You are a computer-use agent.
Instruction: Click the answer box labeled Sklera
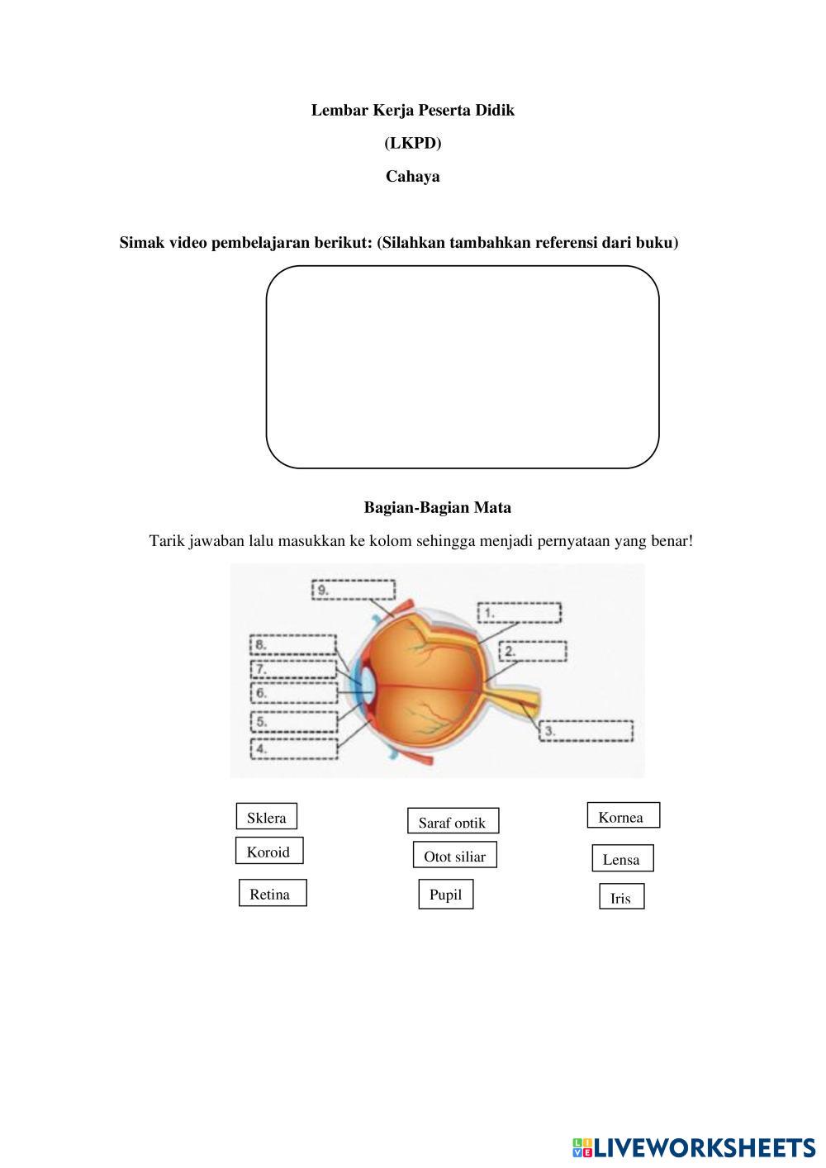click(266, 817)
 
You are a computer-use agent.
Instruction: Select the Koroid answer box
click(268, 851)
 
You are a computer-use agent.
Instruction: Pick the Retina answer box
click(273, 893)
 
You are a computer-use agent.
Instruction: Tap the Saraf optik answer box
click(453, 821)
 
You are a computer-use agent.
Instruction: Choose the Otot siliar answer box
click(454, 856)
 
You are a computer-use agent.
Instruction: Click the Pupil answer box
click(445, 895)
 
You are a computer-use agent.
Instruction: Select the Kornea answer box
click(623, 816)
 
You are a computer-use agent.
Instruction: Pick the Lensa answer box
click(622, 858)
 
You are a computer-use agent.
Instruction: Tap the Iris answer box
click(621, 897)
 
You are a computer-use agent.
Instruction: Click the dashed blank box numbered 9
click(354, 590)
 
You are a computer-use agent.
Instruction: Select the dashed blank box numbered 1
click(519, 613)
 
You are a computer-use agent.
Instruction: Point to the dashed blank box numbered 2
click(533, 651)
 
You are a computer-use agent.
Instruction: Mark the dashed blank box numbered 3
click(586, 731)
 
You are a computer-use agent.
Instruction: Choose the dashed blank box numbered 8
click(292, 644)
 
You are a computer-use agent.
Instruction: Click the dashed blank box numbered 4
click(294, 749)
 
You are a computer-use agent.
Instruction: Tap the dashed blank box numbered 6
click(294, 693)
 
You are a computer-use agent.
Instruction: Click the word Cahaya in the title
click(412, 176)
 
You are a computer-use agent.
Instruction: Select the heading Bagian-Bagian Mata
click(437, 507)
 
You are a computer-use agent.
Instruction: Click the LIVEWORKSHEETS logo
click(693, 1147)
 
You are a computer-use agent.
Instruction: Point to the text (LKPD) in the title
click(412, 143)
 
